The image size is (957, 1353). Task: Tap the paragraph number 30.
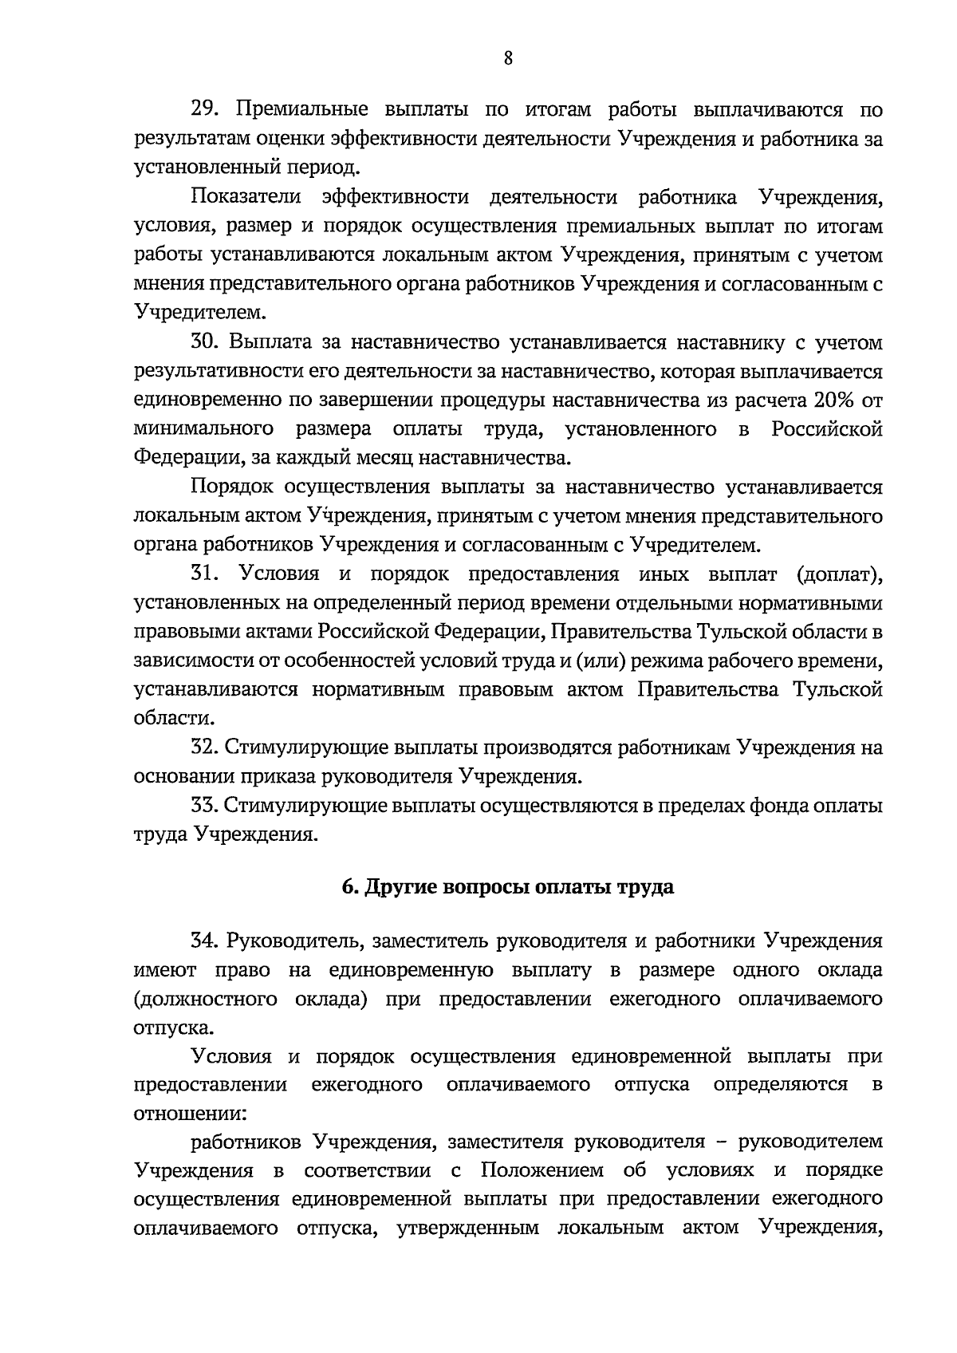(x=204, y=343)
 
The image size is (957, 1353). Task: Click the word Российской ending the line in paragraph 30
(x=827, y=429)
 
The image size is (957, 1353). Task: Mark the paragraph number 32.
(x=204, y=748)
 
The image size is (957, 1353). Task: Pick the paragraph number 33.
(x=204, y=806)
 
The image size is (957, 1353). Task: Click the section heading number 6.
(x=349, y=887)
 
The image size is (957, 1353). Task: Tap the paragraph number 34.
(x=204, y=941)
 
